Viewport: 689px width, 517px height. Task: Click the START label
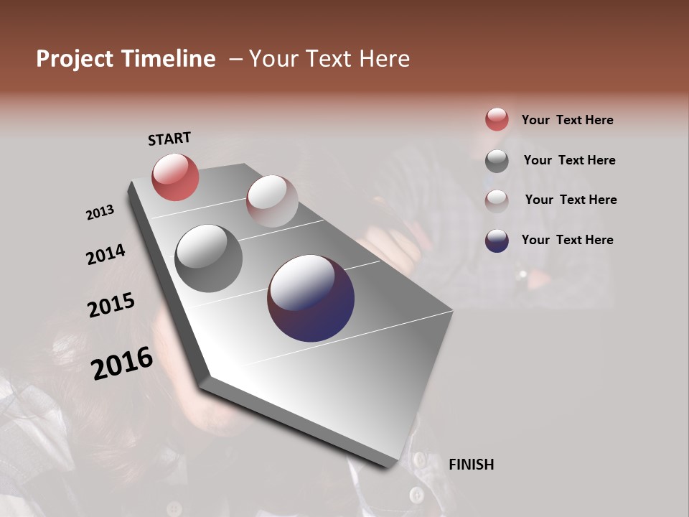(x=169, y=139)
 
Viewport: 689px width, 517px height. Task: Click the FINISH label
(x=471, y=465)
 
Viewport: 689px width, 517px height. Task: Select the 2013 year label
(x=100, y=213)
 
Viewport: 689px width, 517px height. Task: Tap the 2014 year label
(x=106, y=254)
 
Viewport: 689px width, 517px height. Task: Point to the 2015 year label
(x=111, y=305)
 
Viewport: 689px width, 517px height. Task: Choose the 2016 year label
(x=122, y=363)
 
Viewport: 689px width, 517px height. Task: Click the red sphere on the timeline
(x=175, y=177)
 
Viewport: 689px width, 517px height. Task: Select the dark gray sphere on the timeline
(x=208, y=258)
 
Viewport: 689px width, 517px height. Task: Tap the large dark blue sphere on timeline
(x=311, y=298)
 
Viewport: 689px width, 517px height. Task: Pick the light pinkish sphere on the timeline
(x=272, y=201)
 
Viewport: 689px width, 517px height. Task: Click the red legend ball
(x=497, y=119)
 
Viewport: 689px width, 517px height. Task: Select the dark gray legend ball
(x=497, y=161)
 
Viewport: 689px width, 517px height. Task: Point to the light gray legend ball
(x=497, y=200)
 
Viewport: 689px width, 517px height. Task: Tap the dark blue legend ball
(x=497, y=241)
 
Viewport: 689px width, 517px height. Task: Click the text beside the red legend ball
(x=567, y=120)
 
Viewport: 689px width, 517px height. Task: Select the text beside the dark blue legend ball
(x=567, y=240)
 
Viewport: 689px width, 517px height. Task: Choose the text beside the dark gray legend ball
(x=569, y=160)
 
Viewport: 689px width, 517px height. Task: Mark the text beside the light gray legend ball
(x=571, y=200)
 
